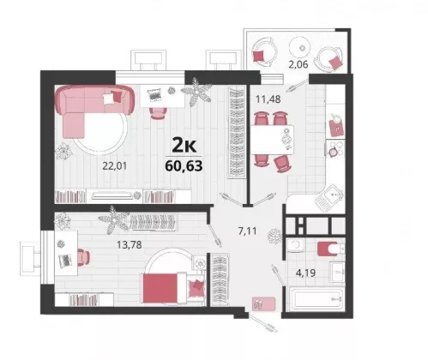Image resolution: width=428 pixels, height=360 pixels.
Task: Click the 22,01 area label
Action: pos(114,165)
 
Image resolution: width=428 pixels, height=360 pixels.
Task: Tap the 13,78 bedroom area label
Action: pos(130,244)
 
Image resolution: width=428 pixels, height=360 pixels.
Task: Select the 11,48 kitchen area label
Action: pos(268,99)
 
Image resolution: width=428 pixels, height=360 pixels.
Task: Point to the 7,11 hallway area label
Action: pos(247,231)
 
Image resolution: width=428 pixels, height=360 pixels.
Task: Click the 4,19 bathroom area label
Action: pos(305,273)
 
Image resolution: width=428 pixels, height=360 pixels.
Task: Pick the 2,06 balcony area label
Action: pos(298,65)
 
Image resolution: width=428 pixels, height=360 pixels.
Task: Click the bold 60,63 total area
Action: pos(184,165)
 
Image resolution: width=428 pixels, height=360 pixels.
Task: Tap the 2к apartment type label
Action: pos(184,145)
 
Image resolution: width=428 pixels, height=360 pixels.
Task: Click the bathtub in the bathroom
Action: pos(316,299)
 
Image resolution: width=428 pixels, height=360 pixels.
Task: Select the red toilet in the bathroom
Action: pos(329,249)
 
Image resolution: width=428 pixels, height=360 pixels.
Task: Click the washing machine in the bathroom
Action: pos(296,245)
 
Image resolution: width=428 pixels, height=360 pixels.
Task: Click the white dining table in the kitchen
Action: pos(272,140)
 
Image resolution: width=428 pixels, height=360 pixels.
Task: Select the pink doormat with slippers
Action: pos(263,303)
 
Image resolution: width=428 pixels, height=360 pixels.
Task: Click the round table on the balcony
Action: pos(299,48)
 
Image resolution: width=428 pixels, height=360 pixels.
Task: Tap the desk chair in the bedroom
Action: pos(83,257)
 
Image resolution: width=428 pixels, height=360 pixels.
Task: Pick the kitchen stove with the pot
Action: pos(335,148)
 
